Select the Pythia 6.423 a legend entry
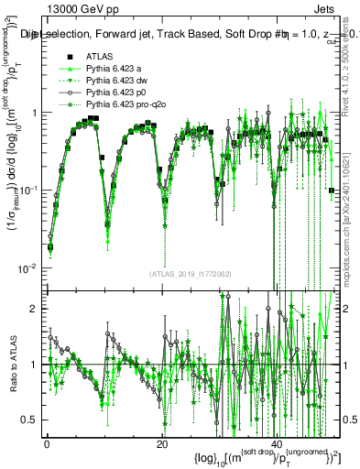click(x=118, y=71)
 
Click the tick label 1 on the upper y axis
click(x=34, y=113)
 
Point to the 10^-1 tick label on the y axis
click(x=29, y=190)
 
